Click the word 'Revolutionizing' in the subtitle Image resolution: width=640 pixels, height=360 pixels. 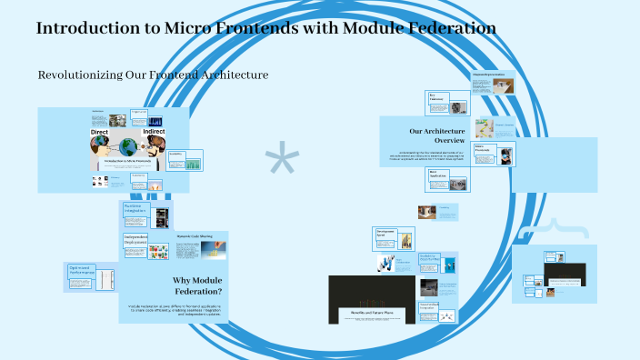point(75,75)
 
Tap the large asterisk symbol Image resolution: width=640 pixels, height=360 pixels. point(282,162)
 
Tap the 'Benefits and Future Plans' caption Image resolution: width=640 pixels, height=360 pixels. point(371,313)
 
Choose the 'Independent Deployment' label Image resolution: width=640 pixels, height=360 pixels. point(135,241)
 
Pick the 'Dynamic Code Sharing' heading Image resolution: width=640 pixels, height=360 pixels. point(194,235)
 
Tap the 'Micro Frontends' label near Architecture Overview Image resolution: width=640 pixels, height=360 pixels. point(482,146)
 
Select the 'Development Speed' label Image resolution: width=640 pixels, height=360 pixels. point(385,233)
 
